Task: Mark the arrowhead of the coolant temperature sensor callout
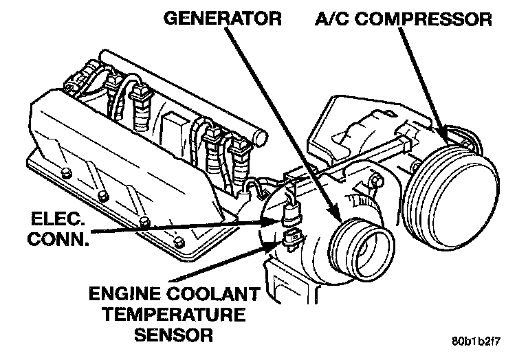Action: [x=278, y=243]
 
